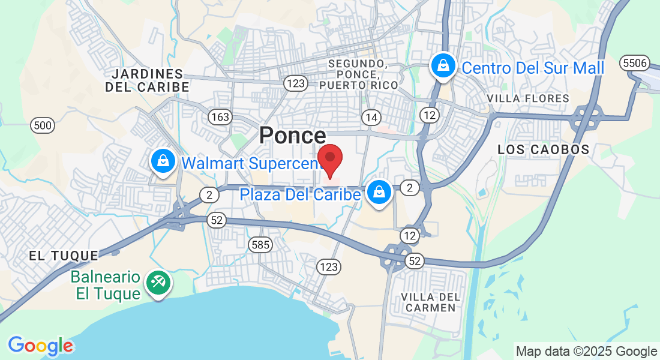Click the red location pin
329,159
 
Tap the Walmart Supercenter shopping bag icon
163,161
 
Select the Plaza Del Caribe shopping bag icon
379,193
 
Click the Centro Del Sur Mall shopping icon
443,65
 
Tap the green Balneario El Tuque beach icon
158,282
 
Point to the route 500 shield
43,125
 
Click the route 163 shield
220,116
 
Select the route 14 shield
371,116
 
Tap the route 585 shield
261,244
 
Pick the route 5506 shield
635,63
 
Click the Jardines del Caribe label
148,80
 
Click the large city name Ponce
293,136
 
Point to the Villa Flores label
528,98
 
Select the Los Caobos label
544,150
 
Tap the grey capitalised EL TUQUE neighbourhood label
64,256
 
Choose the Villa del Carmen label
431,302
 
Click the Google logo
40,346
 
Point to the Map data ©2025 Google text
586,352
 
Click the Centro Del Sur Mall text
533,68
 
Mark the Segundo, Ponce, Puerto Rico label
358,74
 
